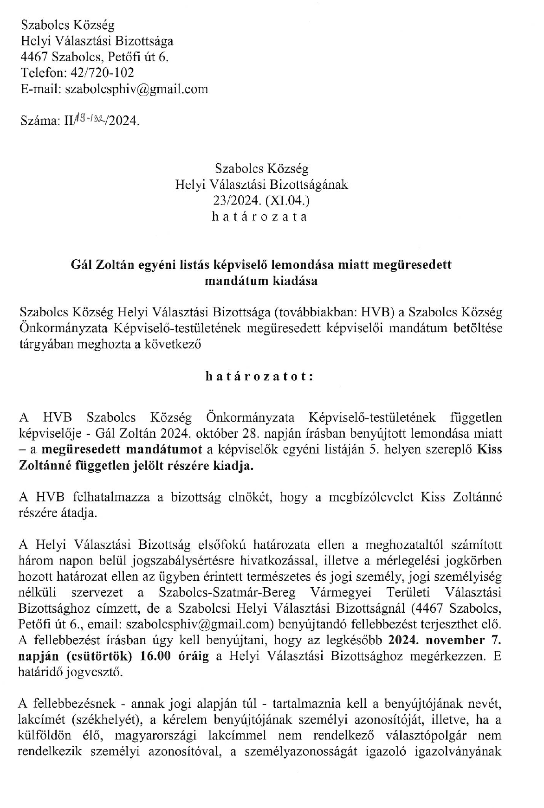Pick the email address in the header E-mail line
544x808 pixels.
click(x=136, y=89)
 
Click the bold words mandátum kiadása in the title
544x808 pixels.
click(x=261, y=281)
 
